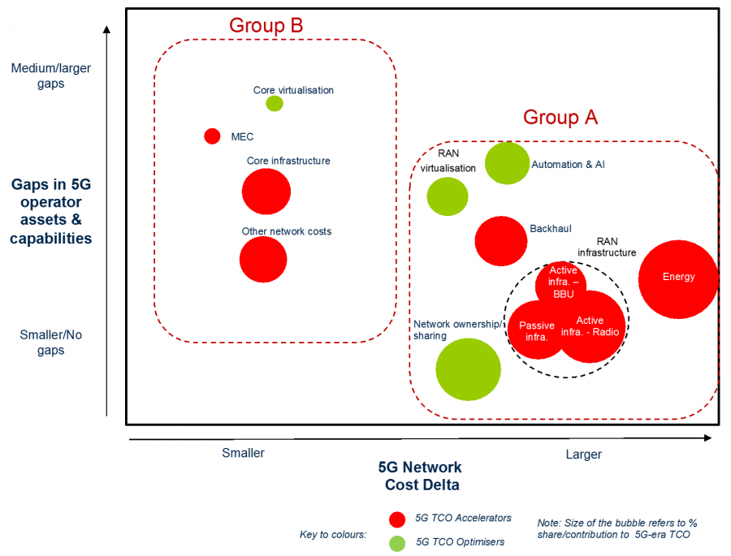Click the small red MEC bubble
(212, 136)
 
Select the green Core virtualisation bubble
(275, 103)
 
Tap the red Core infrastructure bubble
(266, 192)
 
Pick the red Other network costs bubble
(263, 260)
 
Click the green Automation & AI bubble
(508, 163)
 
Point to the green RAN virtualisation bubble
(448, 196)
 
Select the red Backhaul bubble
(501, 241)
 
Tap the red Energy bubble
(678, 278)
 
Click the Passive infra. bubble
(536, 330)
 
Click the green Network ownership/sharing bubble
(468, 369)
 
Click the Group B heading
(266, 25)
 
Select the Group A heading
(560, 117)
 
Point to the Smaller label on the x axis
(243, 453)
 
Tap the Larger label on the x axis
(583, 454)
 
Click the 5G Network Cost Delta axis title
(421, 476)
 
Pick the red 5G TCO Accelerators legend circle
(397, 519)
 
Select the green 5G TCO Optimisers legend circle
(397, 542)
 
